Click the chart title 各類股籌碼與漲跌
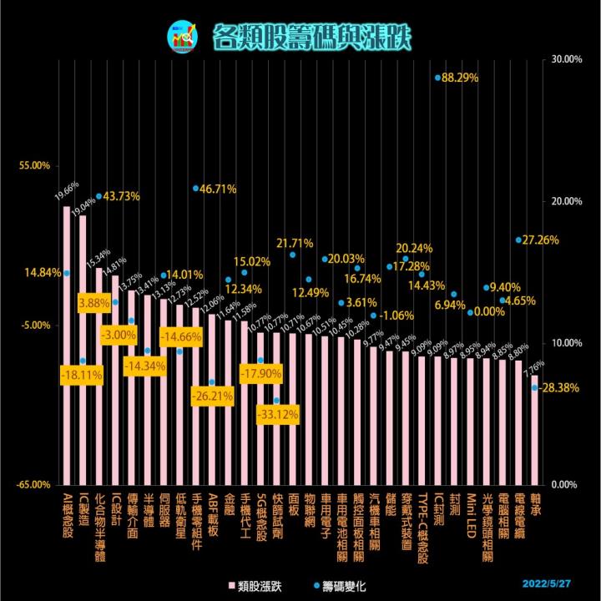[311, 36]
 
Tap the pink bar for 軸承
[534, 429]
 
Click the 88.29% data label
[460, 78]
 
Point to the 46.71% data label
[219, 189]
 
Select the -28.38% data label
[560, 387]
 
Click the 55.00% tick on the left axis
[36, 166]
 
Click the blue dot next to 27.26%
[518, 240]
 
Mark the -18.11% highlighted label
[82, 376]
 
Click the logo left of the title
[179, 36]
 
